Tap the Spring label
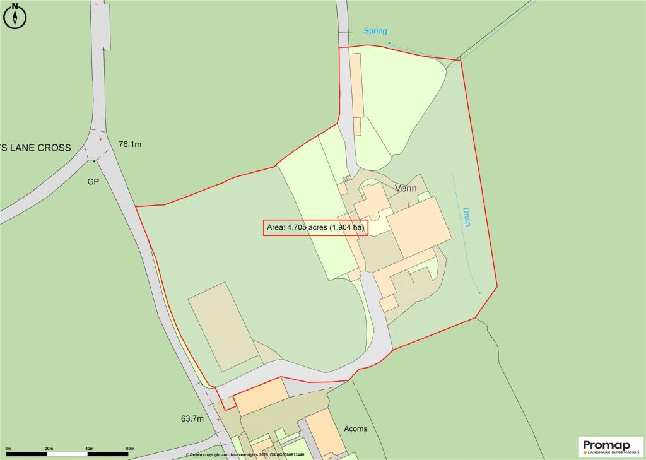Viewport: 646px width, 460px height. pos(375,31)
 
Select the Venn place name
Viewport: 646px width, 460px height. pos(406,188)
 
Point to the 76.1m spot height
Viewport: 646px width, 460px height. pos(129,144)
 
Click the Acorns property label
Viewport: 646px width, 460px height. pos(355,429)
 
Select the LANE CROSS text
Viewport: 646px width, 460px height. pos(38,148)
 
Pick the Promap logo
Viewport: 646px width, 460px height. pos(611,447)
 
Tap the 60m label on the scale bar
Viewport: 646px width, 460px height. pos(129,449)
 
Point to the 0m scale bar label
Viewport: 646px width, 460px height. pos(9,449)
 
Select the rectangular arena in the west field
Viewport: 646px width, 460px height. pos(225,326)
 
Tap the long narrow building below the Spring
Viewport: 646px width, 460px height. pos(356,85)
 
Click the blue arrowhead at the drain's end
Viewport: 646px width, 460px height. pos(480,293)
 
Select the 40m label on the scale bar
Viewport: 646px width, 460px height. pos(89,449)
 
